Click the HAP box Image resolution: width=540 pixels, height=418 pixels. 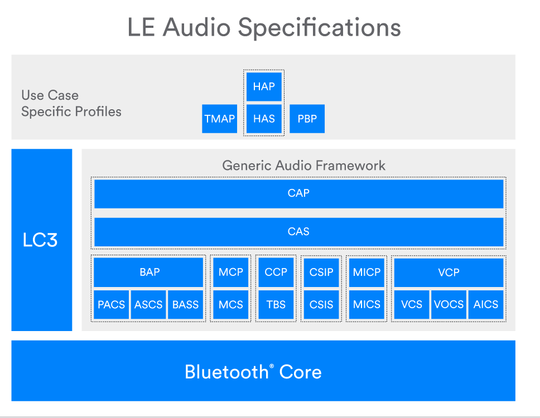pos(264,86)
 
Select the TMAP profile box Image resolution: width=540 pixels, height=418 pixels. pos(219,119)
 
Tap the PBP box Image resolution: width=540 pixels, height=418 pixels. pos(307,119)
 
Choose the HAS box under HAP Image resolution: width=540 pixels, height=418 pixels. pos(264,119)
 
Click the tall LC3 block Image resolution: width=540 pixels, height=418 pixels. pos(42,240)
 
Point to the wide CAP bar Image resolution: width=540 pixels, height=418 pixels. pos(299,194)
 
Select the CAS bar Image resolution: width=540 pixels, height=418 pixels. pos(299,232)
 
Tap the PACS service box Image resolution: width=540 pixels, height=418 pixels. pos(111,305)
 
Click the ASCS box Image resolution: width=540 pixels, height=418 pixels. pos(148,305)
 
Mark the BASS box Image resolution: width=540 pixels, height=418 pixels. pos(186,305)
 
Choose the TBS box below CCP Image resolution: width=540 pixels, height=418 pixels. pos(276,305)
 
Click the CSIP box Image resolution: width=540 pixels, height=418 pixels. pos(321,272)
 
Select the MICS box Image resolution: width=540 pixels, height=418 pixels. pos(367,305)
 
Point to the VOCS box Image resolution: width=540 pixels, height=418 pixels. pos(449,305)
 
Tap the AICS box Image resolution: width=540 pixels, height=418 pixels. pos(486,305)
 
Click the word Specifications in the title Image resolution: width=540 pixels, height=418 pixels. pos(320,27)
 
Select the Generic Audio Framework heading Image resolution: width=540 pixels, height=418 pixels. pos(303,166)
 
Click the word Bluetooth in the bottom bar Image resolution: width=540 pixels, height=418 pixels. pos(226,372)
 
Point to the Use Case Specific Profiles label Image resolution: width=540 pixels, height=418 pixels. pos(71,103)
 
